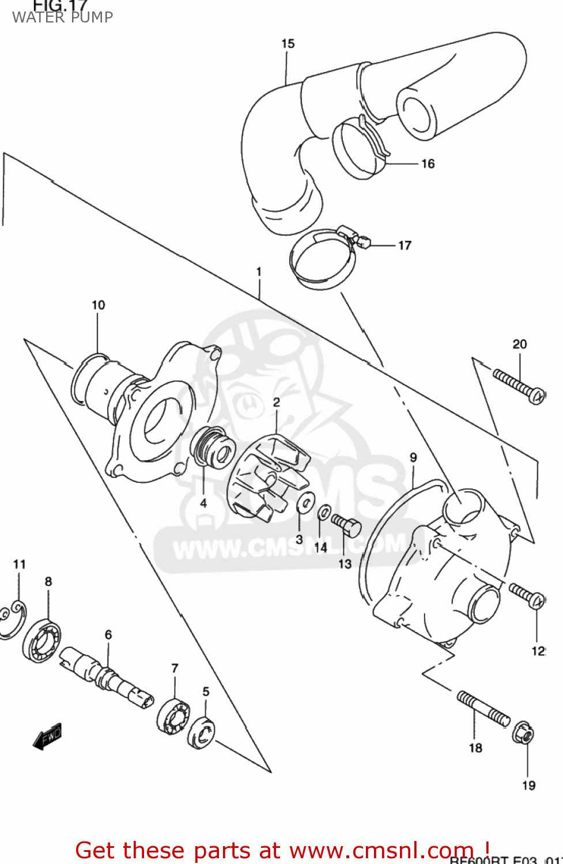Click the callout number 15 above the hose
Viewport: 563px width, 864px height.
pos(288,44)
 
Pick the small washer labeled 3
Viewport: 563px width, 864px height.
pos(305,502)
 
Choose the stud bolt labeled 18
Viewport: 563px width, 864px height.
pos(483,707)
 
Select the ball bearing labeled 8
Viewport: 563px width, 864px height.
pos(42,639)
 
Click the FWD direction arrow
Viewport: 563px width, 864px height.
pos(47,736)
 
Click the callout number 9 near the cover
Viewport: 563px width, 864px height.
pos(413,457)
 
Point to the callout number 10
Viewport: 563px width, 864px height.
pos(99,305)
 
